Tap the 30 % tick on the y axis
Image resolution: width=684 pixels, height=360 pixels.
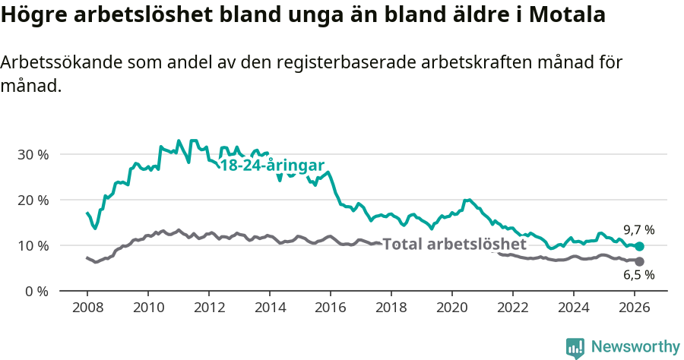tap(33, 154)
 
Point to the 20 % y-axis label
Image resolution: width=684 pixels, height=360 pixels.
tap(33, 200)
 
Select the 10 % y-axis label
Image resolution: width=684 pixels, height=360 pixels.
tap(33, 245)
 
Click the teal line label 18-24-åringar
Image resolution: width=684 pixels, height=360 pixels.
tap(272, 166)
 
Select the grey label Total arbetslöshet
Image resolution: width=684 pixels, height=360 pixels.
tap(454, 245)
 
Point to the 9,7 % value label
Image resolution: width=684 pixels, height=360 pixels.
tap(639, 229)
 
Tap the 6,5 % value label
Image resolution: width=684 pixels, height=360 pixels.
tap(639, 275)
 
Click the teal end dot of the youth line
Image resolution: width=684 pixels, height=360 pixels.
tap(640, 246)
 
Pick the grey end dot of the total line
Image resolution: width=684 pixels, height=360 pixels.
tap(640, 261)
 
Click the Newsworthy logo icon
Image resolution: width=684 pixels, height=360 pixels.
tap(575, 348)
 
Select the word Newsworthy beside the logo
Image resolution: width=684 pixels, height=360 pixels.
tap(635, 347)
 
